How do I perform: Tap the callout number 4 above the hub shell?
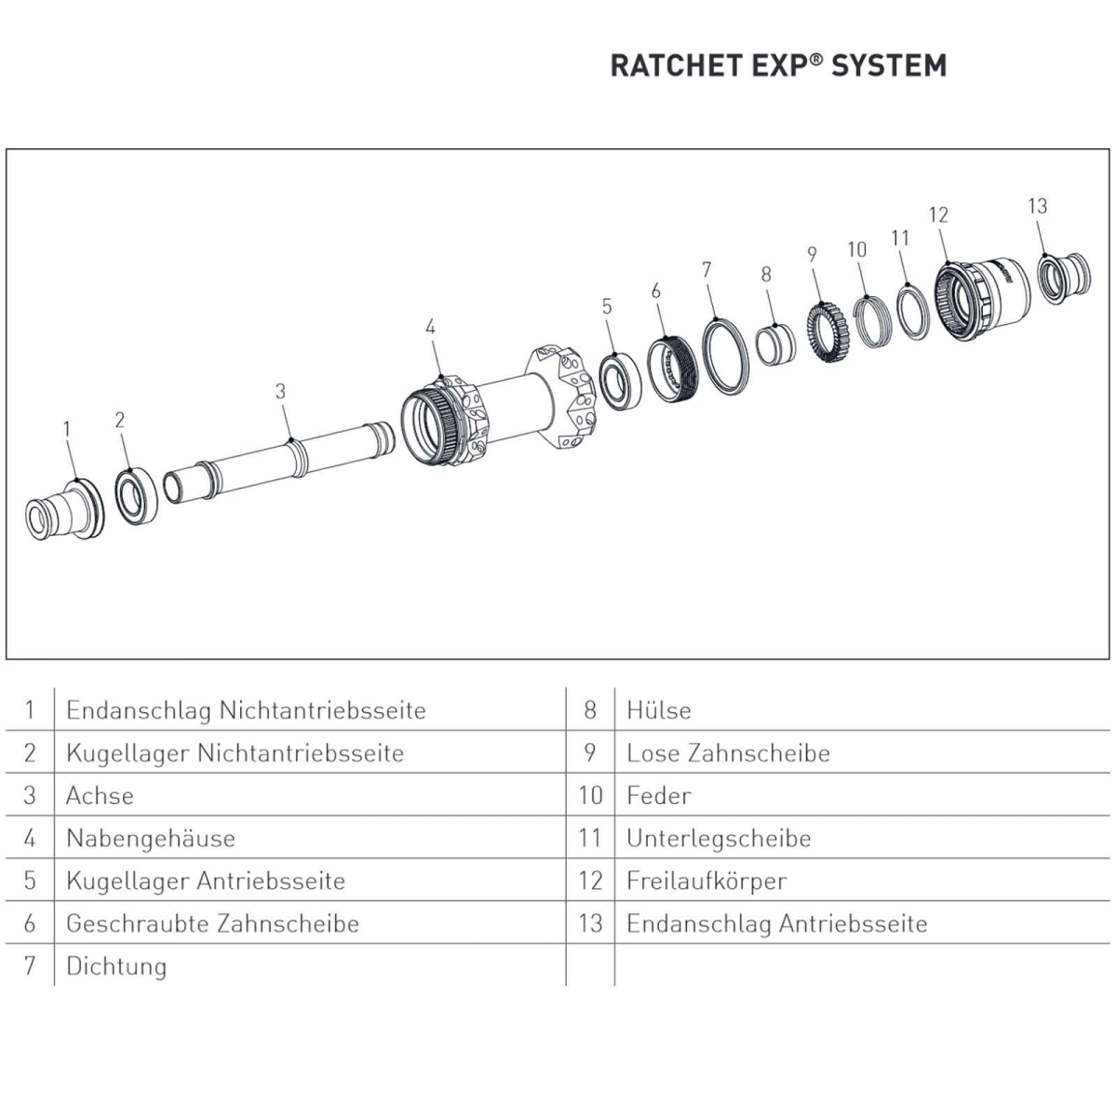(430, 327)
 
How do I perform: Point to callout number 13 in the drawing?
(1037, 206)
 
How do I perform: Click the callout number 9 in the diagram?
(812, 254)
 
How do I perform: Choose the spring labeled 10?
(871, 319)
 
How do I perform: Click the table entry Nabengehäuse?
(150, 838)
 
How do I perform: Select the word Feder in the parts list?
(658, 796)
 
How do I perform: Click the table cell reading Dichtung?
(116, 966)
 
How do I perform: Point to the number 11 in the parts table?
(589, 838)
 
